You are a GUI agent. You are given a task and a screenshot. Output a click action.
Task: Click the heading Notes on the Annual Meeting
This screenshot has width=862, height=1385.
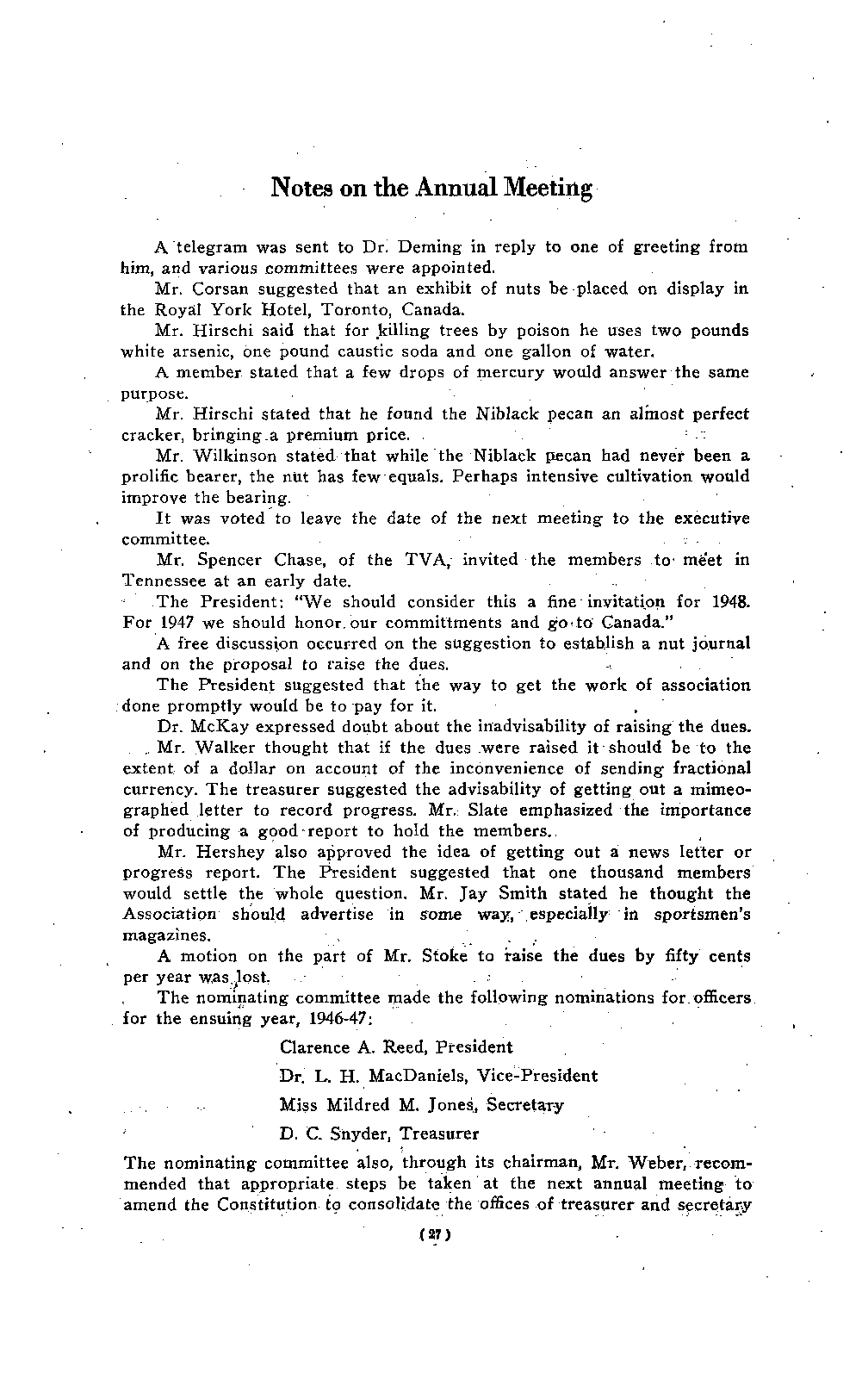point(431,188)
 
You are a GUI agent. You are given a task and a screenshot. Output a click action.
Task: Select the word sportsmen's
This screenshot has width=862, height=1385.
point(703,915)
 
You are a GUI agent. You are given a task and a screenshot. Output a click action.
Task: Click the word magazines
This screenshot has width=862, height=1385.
point(165,935)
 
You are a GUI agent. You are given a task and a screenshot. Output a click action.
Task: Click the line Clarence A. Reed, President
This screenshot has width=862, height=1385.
point(396,1047)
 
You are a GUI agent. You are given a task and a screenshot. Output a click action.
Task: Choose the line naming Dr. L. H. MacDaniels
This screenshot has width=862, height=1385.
point(438,1076)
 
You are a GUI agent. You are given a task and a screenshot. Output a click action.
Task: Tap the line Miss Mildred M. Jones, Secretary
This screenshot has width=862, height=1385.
point(422,1104)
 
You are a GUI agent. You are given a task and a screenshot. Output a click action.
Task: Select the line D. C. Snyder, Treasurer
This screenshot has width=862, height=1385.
point(380,1133)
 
